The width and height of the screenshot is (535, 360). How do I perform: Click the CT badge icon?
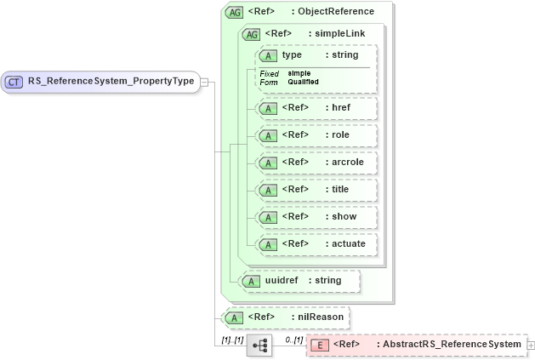coord(14,83)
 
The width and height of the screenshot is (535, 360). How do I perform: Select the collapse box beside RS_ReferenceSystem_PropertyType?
coord(204,83)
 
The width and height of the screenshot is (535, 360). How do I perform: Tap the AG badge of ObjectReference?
coord(233,12)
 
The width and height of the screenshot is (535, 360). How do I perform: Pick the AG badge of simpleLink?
coord(252,34)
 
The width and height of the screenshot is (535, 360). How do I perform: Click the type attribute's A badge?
coord(269,55)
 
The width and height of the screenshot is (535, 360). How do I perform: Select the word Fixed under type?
coord(269,73)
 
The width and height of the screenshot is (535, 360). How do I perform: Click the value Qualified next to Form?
coord(303,82)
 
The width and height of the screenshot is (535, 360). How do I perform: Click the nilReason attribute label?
coord(322,317)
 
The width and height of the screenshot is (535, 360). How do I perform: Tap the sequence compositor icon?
coord(259,345)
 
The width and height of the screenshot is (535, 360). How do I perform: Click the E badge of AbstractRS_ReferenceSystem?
coord(319,345)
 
